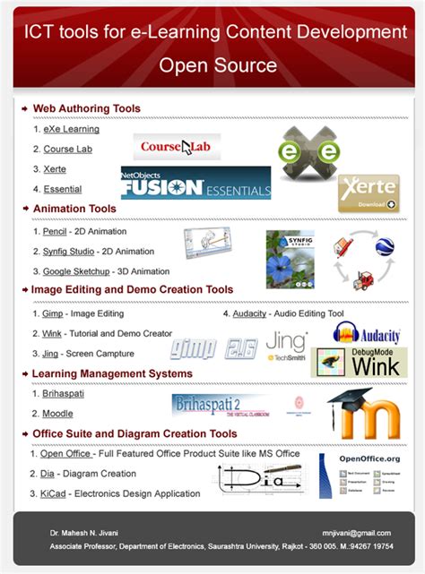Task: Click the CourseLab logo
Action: (x=177, y=146)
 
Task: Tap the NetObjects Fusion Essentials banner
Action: (x=195, y=184)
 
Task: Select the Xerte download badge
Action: (x=368, y=193)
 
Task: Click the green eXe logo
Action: (x=308, y=153)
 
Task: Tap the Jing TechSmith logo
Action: (x=286, y=345)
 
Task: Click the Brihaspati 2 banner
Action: (x=221, y=404)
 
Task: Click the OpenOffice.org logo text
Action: (x=369, y=458)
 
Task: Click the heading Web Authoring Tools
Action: (x=86, y=109)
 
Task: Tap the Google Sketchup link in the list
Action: (x=76, y=270)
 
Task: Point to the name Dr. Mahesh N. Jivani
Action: (x=83, y=533)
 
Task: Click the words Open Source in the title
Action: (x=218, y=65)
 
